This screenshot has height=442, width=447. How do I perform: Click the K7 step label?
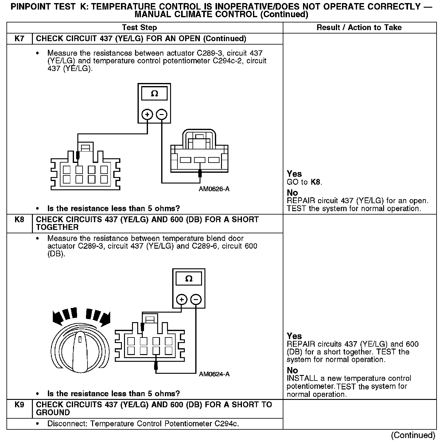tap(19, 39)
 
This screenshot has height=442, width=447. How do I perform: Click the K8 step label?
tap(19, 220)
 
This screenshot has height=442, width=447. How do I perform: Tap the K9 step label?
tap(19, 405)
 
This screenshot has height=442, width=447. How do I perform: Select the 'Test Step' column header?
tap(139, 28)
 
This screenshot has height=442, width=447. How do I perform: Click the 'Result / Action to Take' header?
tap(359, 28)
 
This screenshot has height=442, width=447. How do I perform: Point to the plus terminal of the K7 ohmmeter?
tap(147, 115)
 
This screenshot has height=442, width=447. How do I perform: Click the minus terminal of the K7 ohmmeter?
tap(162, 115)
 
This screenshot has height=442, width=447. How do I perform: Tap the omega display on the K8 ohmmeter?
tap(189, 279)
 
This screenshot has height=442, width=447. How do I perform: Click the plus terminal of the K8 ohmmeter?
tap(182, 299)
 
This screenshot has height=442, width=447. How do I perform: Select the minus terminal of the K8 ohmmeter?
tap(196, 299)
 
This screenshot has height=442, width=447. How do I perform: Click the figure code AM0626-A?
tap(214, 189)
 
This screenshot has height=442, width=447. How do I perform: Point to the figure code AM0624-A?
tap(214, 374)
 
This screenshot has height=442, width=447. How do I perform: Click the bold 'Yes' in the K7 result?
tap(294, 174)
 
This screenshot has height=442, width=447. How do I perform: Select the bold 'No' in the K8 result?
tap(292, 370)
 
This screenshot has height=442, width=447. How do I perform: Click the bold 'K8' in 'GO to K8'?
tap(316, 182)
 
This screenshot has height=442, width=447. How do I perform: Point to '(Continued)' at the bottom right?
tap(413, 435)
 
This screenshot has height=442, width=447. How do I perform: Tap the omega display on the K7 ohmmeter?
tap(154, 94)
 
